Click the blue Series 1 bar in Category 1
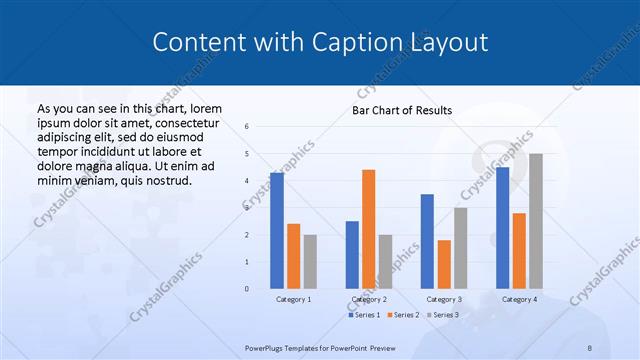(x=277, y=231)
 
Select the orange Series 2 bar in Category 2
(x=368, y=229)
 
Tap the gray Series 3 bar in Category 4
(x=536, y=221)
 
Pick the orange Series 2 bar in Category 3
(x=444, y=264)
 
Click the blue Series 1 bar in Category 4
(x=502, y=228)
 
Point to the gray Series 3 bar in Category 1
(x=310, y=262)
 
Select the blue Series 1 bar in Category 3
(x=427, y=241)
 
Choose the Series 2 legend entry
(x=402, y=315)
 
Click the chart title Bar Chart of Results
(x=401, y=110)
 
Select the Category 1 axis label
(x=293, y=299)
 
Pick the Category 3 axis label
(x=444, y=299)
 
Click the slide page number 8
(x=589, y=347)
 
